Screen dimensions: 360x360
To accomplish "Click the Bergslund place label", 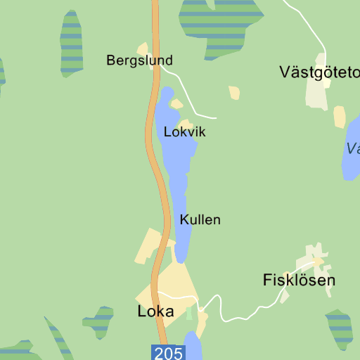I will [139, 60].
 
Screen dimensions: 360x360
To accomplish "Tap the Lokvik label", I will [184, 131].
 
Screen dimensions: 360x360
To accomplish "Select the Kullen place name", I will [200, 219].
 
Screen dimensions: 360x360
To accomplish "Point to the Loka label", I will [155, 311].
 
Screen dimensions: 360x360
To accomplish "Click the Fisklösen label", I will [299, 280].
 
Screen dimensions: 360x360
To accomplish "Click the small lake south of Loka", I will [193, 348].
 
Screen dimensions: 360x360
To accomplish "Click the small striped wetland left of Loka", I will [99, 321].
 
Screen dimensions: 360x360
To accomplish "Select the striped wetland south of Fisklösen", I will [340, 328].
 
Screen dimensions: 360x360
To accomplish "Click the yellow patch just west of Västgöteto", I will [234, 93].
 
